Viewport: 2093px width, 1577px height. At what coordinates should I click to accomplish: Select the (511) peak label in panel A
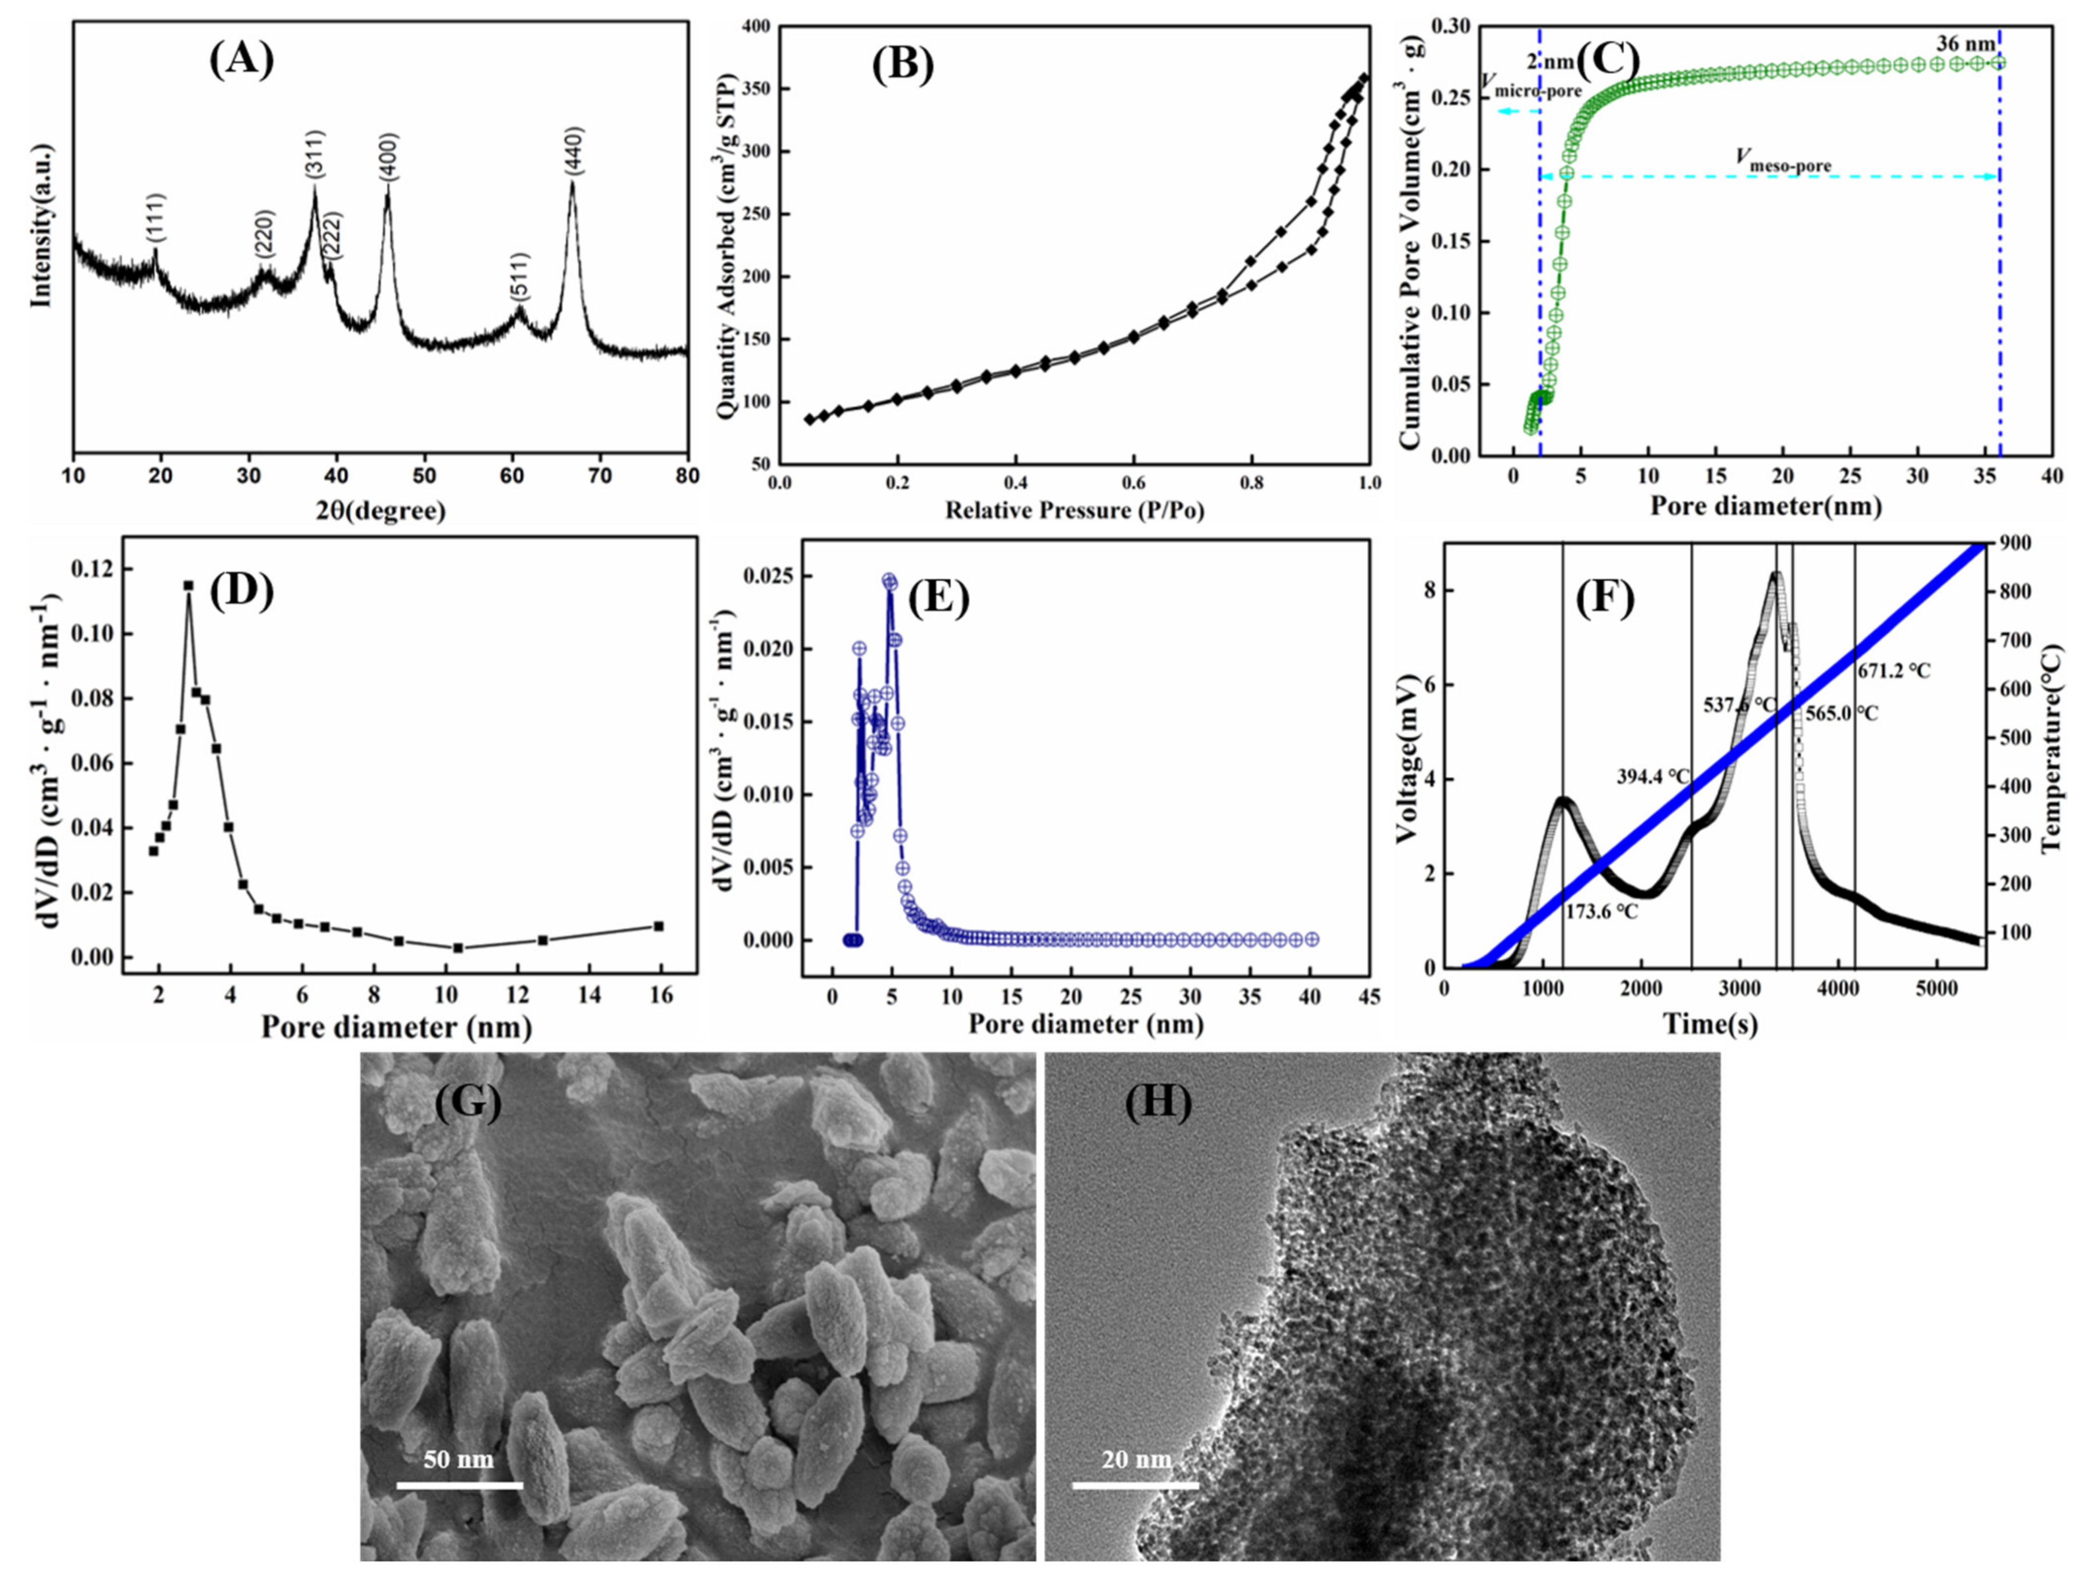pos(519,276)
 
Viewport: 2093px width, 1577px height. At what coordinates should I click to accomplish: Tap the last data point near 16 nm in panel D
pos(658,926)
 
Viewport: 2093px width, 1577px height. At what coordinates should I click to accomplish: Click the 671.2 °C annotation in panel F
pos(1894,671)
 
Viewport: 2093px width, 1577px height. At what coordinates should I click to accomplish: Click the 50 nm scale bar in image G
pos(459,1485)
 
